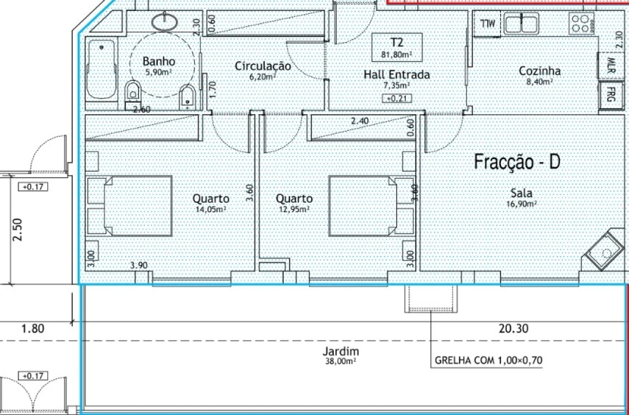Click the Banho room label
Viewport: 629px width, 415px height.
point(159,61)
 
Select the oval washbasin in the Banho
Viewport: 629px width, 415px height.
point(165,21)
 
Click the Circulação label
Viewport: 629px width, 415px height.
point(262,66)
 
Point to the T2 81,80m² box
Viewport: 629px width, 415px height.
point(397,47)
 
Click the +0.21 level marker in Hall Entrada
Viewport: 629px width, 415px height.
point(397,98)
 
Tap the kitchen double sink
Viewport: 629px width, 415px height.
point(522,23)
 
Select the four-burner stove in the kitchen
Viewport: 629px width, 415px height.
point(581,23)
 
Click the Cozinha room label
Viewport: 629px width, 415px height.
point(540,71)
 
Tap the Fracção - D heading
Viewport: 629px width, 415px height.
point(517,162)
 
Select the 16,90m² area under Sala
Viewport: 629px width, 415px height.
point(522,203)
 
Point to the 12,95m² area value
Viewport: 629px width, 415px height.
point(294,209)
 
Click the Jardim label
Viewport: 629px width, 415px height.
point(341,352)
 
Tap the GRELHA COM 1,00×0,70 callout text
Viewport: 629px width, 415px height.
point(488,360)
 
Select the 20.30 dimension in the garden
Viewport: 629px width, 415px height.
point(514,329)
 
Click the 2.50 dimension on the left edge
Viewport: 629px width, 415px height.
point(18,229)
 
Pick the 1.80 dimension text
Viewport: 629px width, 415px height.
point(32,329)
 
